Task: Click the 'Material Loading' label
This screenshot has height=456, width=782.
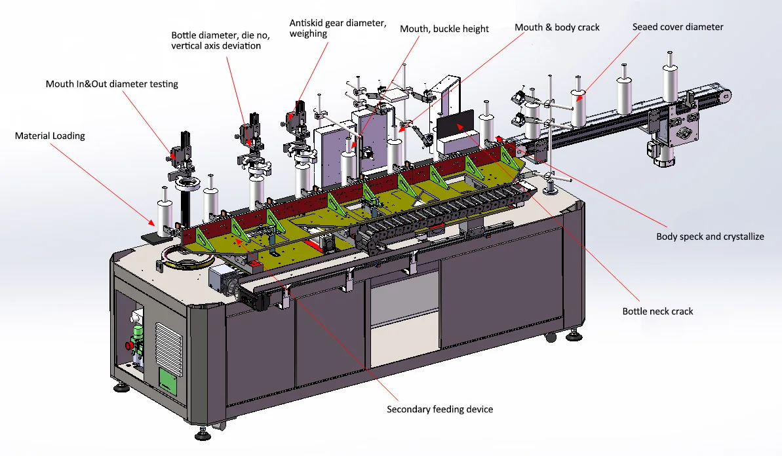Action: (x=50, y=136)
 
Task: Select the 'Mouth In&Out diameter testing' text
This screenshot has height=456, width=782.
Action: (x=111, y=84)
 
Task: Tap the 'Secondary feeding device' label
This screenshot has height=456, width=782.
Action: (x=439, y=409)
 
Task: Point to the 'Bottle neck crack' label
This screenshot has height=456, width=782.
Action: (x=657, y=311)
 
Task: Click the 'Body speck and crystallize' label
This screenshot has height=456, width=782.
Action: (x=710, y=237)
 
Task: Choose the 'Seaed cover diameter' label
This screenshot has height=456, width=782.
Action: (x=678, y=27)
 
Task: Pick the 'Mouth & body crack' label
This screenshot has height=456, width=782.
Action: (x=557, y=27)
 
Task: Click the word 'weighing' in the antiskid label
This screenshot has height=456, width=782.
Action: (x=308, y=33)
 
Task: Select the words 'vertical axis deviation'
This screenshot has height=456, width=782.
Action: (x=216, y=46)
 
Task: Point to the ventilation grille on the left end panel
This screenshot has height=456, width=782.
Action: (x=168, y=343)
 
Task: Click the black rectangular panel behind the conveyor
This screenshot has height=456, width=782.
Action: (x=455, y=124)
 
